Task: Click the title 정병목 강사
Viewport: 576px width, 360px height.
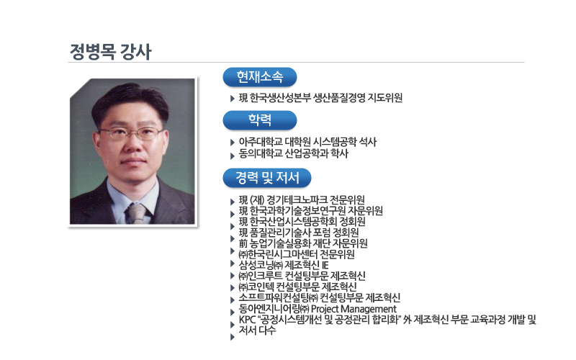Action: pyautogui.click(x=111, y=51)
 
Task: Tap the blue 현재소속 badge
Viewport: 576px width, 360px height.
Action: pyautogui.click(x=260, y=77)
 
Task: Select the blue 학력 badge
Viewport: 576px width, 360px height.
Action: pyautogui.click(x=260, y=120)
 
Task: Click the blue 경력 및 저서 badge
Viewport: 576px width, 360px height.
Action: pyautogui.click(x=267, y=178)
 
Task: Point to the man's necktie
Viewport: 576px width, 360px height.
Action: pyautogui.click(x=138, y=213)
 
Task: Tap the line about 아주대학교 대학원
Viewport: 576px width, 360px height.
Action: pyautogui.click(x=307, y=142)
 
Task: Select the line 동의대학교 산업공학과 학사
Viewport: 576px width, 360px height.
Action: pyautogui.click(x=293, y=153)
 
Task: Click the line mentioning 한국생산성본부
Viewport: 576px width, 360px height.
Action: pyautogui.click(x=320, y=98)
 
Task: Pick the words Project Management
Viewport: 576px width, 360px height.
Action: pyautogui.click(x=354, y=309)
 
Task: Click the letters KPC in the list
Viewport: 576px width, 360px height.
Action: pyautogui.click(x=247, y=320)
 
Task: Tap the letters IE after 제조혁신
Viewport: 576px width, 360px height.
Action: pyautogui.click(x=325, y=265)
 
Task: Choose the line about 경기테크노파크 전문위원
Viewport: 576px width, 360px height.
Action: pyautogui.click(x=302, y=200)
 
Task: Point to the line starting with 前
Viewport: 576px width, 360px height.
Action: pyautogui.click(x=303, y=243)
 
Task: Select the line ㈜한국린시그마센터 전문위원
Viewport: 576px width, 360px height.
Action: pyautogui.click(x=297, y=254)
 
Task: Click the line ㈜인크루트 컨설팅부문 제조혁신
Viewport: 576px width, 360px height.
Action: pyautogui.click(x=302, y=276)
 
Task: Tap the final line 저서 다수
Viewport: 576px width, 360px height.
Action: pyautogui.click(x=257, y=330)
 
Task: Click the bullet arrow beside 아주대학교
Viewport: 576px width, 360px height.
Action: pyautogui.click(x=232, y=143)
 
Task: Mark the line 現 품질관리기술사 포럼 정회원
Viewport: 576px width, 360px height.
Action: pyautogui.click(x=299, y=233)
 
